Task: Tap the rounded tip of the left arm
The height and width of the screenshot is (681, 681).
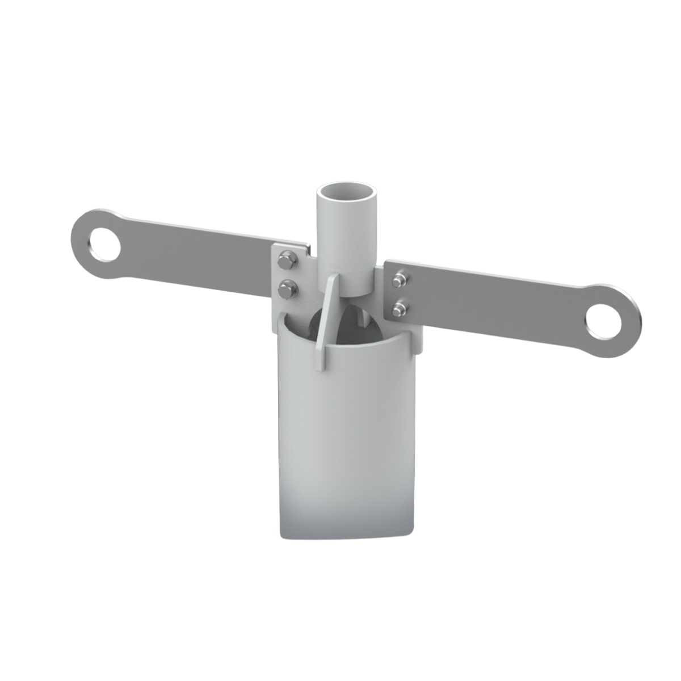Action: pyautogui.click(x=76, y=238)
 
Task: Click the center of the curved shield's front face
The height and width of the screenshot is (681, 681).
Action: pyautogui.click(x=349, y=443)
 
